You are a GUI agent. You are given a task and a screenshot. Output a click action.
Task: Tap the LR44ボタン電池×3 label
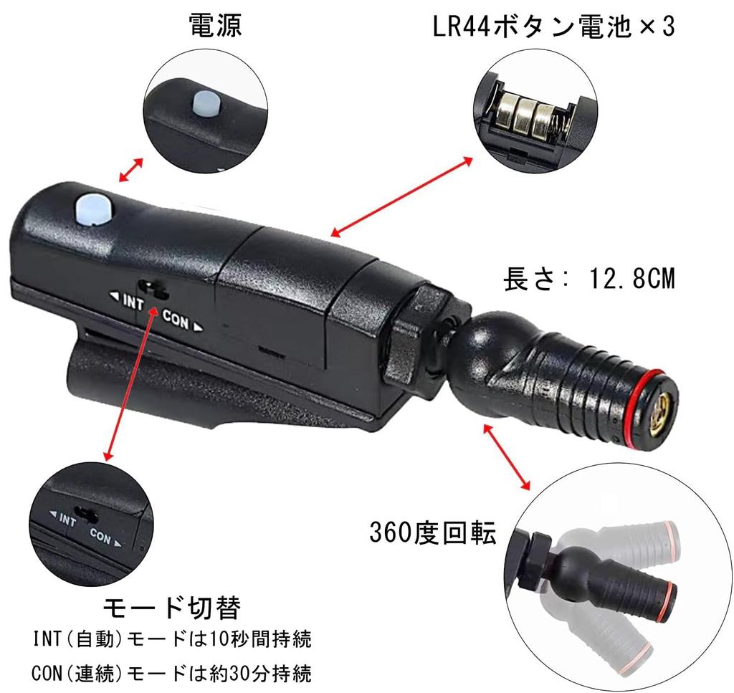(554, 27)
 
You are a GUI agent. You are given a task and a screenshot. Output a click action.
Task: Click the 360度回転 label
(433, 532)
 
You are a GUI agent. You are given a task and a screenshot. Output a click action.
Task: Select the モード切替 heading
(171, 608)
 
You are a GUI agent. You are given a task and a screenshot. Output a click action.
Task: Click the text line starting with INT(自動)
(172, 637)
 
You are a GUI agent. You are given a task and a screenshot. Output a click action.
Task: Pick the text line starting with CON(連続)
(172, 674)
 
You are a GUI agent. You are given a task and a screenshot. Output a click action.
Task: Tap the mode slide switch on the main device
(154, 288)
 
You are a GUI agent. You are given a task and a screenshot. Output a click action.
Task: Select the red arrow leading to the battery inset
(402, 195)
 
